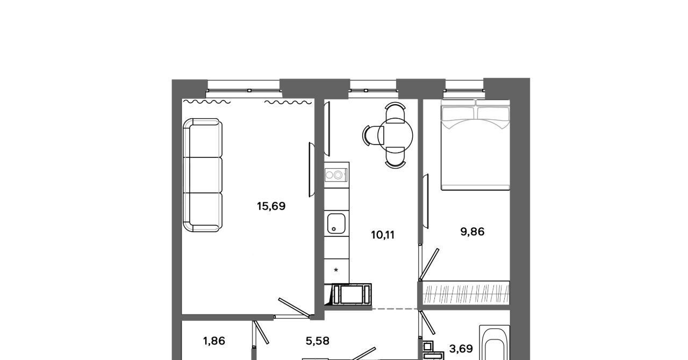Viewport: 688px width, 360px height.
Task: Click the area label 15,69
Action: pos(271,206)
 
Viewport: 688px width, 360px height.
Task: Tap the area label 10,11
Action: pos(383,235)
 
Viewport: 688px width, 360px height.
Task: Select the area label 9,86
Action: pos(472,232)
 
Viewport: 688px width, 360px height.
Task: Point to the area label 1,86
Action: pos(214,341)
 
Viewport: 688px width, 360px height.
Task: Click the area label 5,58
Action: pos(318,341)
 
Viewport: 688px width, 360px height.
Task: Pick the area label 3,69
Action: pos(461,349)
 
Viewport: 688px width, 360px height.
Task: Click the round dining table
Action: pos(396,135)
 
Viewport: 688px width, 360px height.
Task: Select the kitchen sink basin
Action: pos(336,224)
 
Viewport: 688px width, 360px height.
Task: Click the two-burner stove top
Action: pos(336,175)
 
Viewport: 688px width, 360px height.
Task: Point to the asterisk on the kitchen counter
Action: pos(336,270)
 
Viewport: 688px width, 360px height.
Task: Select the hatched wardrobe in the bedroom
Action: pos(466,293)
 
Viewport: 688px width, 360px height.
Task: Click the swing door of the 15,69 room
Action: pos(294,307)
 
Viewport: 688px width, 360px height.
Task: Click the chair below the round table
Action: pos(396,157)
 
